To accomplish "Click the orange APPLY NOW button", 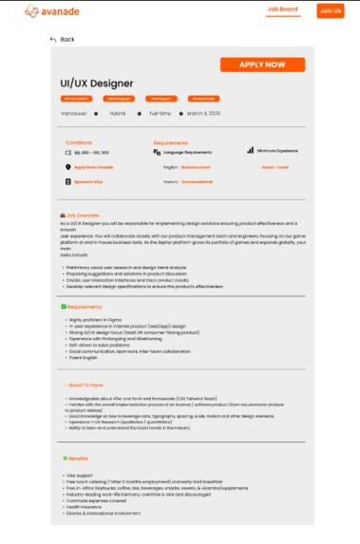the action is click(x=262, y=66).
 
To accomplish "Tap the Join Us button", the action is click(x=330, y=10).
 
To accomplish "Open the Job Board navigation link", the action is click(x=282, y=9).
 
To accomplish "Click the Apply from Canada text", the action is click(x=93, y=166).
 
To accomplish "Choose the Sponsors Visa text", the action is click(x=88, y=179).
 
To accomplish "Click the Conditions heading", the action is click(x=79, y=142).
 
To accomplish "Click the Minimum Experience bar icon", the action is click(x=250, y=150).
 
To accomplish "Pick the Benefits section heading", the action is click(x=78, y=459).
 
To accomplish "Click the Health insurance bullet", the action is click(x=84, y=506).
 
